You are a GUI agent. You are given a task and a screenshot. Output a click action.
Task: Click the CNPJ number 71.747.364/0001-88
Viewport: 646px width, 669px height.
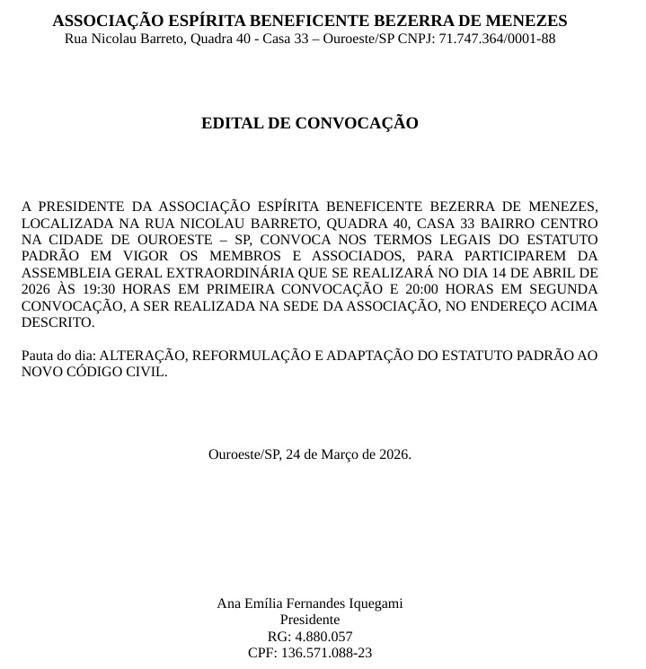click(497, 39)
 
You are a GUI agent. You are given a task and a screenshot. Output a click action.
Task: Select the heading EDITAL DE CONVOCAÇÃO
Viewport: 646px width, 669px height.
click(310, 123)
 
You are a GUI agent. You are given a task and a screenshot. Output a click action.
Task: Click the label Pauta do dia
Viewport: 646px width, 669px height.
click(58, 356)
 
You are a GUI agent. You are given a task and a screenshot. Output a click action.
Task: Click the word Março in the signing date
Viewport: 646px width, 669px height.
click(341, 454)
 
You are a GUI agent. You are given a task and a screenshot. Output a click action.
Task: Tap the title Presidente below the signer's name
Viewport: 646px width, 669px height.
click(310, 620)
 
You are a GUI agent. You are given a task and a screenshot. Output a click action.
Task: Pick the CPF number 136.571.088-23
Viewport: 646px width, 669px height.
click(326, 653)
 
